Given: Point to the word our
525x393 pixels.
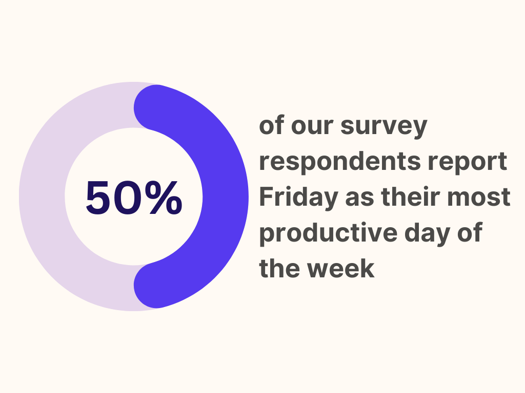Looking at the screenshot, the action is pos(312,126).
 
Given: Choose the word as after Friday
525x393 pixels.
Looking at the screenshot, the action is pos(359,198).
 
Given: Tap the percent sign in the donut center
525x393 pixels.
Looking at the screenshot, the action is pos(164,198).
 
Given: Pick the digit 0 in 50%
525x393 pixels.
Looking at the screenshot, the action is pos(128,198).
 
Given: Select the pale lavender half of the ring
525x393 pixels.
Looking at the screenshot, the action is pos(42,196).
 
